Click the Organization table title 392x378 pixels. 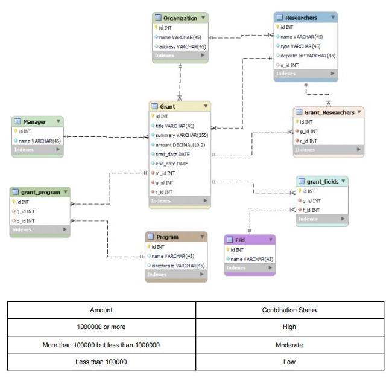(179, 18)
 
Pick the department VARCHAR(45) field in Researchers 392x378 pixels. (308, 56)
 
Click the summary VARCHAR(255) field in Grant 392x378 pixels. (181, 135)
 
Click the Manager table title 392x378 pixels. (34, 121)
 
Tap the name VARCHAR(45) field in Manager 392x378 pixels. (39, 141)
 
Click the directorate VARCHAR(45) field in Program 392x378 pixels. (177, 265)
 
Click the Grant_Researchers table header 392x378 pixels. (329, 112)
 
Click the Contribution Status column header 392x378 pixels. (289, 310)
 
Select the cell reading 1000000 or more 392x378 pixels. (101, 327)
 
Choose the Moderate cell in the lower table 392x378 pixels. (289, 345)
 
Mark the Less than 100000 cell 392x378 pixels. (101, 362)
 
